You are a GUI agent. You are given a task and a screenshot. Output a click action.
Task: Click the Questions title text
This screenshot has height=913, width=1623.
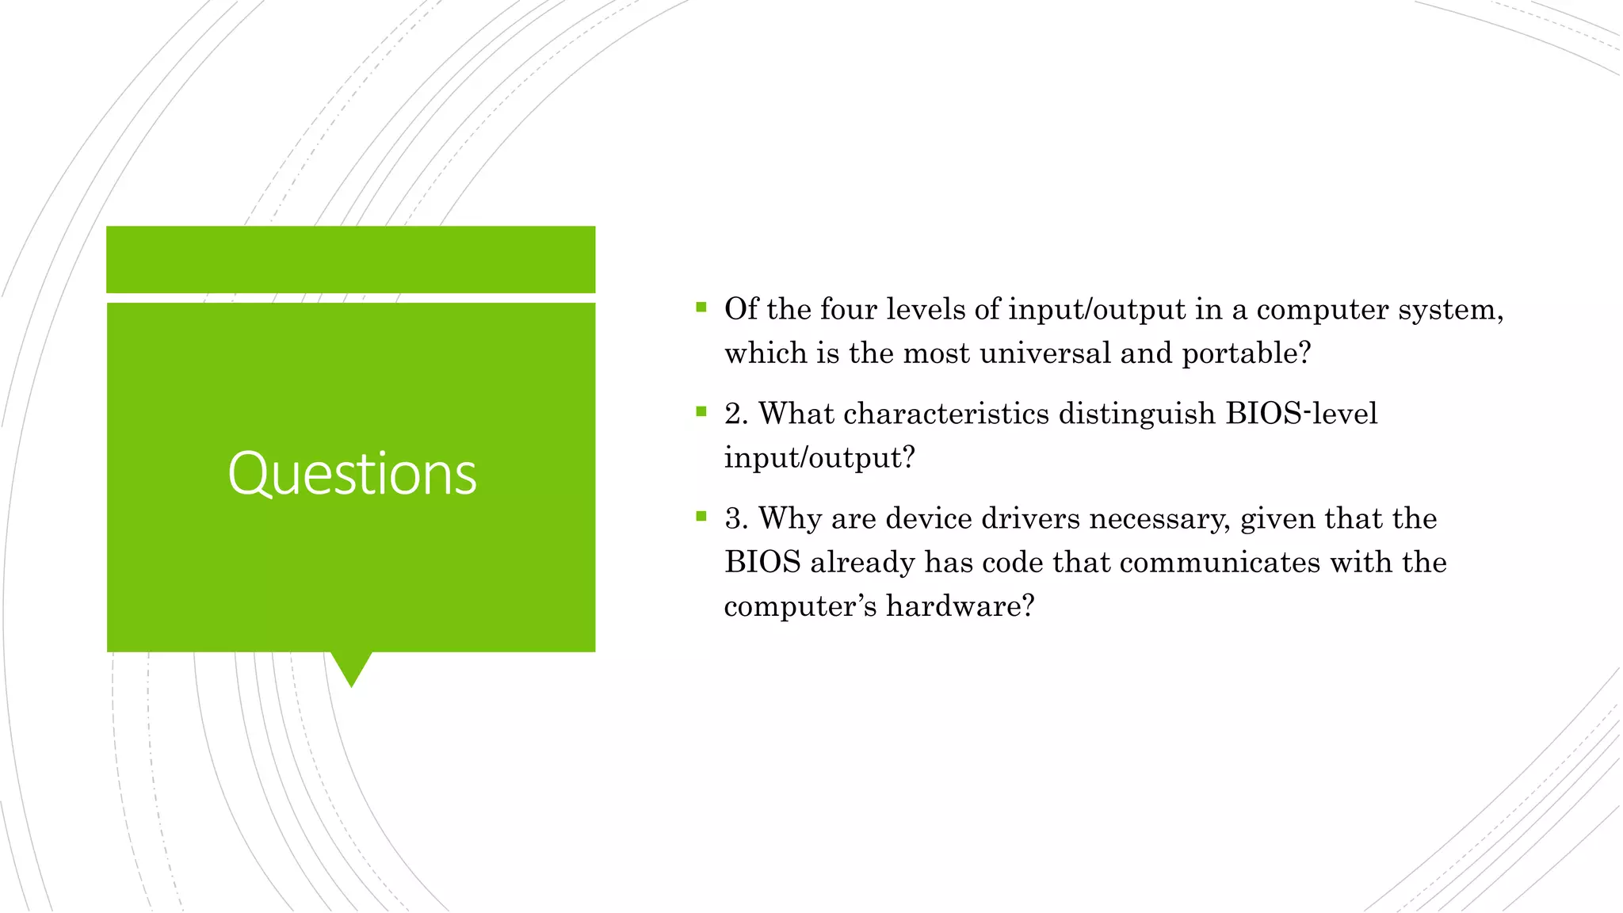pyautogui.click(x=352, y=474)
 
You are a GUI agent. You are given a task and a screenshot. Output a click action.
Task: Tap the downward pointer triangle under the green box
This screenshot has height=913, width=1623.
pyautogui.click(x=351, y=667)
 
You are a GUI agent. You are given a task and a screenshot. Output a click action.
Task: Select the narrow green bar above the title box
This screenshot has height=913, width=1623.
pyautogui.click(x=351, y=259)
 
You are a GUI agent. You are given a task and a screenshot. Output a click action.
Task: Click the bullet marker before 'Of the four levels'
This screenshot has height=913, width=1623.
pyautogui.click(x=701, y=308)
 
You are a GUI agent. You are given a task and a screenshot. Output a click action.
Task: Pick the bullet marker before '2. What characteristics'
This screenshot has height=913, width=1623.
pyautogui.click(x=701, y=411)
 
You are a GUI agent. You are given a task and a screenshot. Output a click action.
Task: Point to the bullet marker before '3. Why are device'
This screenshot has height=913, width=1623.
pyautogui.click(x=701, y=517)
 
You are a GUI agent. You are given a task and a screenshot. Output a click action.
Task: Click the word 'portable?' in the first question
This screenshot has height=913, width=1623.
pyautogui.click(x=1247, y=353)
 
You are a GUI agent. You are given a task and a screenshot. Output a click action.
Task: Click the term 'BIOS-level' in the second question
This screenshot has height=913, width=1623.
pyautogui.click(x=1301, y=414)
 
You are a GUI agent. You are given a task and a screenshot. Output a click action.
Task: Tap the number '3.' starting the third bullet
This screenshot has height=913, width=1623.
pyautogui.click(x=736, y=519)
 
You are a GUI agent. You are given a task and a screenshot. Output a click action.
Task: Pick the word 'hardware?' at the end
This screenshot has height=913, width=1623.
pyautogui.click(x=960, y=606)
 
